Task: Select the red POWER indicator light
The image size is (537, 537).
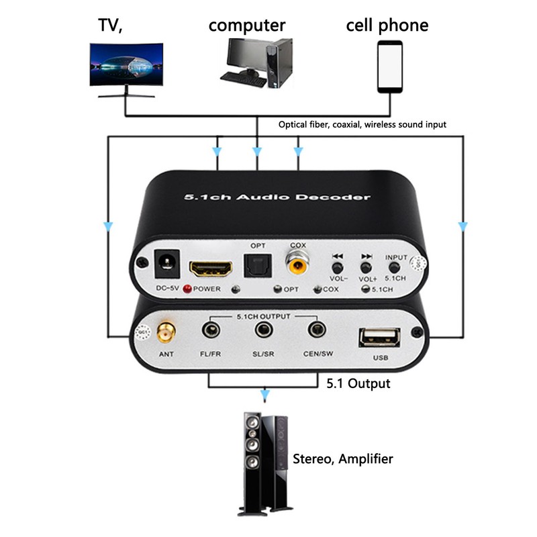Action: (187, 289)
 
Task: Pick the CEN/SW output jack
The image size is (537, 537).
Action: (316, 330)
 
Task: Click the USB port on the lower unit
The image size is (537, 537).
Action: (379, 336)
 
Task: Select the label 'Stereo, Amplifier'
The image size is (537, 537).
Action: (342, 459)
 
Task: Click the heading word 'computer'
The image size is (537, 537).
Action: (246, 26)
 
